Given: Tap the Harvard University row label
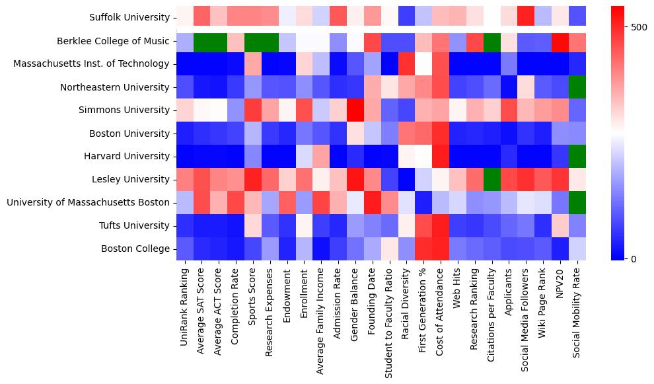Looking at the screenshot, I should click(127, 156).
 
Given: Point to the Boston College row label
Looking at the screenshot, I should click(135, 249).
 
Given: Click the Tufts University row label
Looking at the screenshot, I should click(133, 225).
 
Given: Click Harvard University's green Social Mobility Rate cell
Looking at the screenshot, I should click(577, 156).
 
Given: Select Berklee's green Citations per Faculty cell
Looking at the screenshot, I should click(491, 41).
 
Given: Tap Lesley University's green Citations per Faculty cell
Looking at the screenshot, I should click(491, 179).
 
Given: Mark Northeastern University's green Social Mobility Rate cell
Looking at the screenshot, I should click(577, 87).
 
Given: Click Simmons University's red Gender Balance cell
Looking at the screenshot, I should click(355, 110).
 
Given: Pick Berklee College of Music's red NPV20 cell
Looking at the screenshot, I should click(560, 41).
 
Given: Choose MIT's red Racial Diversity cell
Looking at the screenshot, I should click(406, 64).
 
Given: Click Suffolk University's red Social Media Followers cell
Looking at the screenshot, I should click(526, 18).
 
